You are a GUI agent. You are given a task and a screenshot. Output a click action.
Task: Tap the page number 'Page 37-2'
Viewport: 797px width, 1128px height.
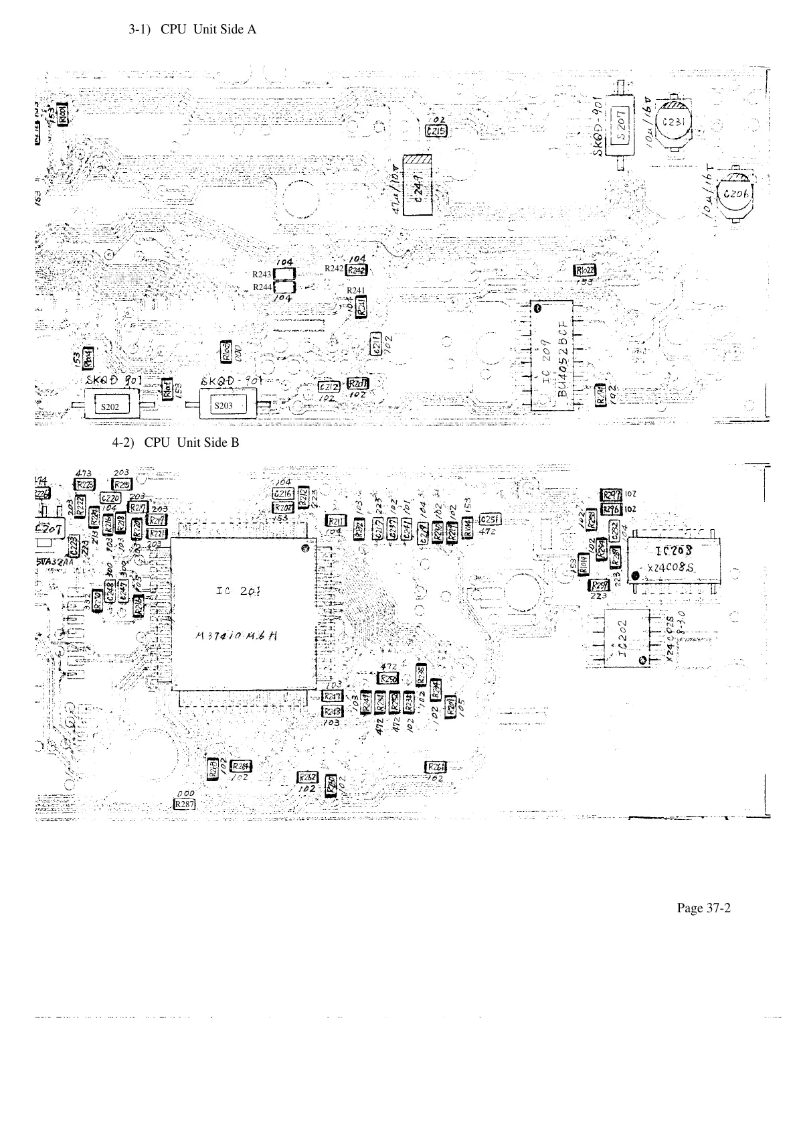click(x=703, y=908)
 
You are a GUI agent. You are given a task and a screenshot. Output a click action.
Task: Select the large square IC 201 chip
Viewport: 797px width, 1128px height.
click(x=243, y=614)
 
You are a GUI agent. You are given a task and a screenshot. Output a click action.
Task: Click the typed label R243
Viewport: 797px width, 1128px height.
click(x=262, y=275)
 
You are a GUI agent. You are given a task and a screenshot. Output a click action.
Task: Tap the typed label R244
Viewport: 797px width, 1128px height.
click(x=262, y=287)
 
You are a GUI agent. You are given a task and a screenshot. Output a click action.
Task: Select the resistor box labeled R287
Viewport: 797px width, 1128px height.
click(x=184, y=804)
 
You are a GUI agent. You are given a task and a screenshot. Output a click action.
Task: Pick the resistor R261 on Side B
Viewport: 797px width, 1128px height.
click(x=436, y=766)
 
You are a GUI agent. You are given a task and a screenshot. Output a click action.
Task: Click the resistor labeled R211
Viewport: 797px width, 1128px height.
click(x=335, y=520)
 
